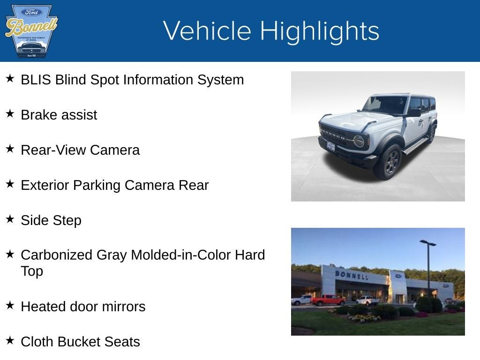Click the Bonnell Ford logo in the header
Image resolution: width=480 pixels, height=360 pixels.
pos(31,31)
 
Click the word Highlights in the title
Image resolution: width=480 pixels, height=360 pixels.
pos(319,31)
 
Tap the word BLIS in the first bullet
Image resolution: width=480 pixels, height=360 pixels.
pos(36,80)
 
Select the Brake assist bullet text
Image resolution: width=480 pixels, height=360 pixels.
pos(59,115)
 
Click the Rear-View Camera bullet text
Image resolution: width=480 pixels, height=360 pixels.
pos(80,150)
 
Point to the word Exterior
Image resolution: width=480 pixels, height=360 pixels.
pos(45,185)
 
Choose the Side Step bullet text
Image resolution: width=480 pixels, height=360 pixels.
pos(51,220)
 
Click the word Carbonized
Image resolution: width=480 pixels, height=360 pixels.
pos(57,255)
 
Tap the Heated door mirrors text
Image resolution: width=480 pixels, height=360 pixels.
pos(83,307)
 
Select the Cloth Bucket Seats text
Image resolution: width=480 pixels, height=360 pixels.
pos(80,342)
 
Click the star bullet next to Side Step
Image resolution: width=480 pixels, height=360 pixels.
pos(10,219)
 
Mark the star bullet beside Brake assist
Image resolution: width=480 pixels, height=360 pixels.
pos(10,113)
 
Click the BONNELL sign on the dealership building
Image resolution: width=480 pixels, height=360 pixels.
pos(351,275)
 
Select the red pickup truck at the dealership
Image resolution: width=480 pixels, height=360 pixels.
pos(328,300)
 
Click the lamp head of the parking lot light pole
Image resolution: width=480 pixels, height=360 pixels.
pos(427,243)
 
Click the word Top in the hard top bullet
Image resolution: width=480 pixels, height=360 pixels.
pos(32,271)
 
